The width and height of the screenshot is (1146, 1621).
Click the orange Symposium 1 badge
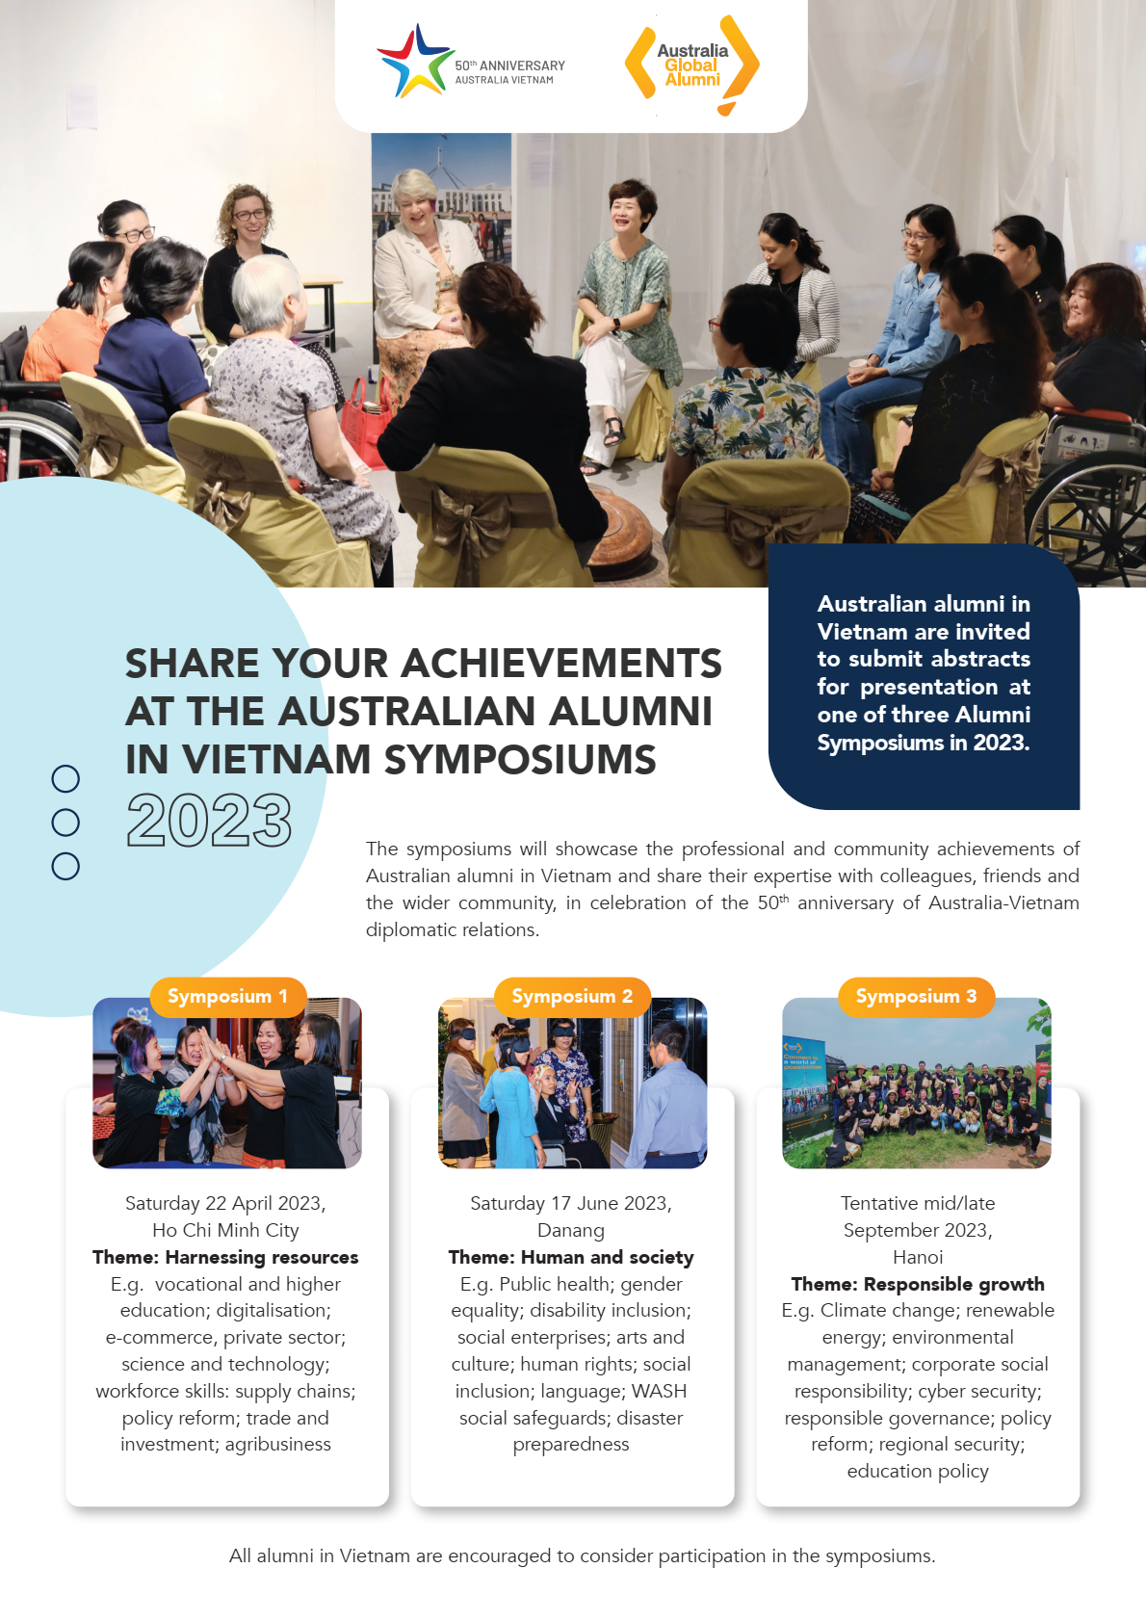(228, 997)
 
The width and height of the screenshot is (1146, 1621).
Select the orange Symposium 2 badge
(572, 997)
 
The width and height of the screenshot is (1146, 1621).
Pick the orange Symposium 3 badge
(916, 997)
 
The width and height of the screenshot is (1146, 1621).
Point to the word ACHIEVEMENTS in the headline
(561, 663)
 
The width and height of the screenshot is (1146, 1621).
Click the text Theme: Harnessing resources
(225, 1257)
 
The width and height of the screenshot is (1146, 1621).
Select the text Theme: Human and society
(571, 1257)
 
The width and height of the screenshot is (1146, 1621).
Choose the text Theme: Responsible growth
(918, 1284)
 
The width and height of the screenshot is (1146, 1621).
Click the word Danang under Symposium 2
(571, 1230)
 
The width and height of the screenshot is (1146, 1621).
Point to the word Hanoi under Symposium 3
(918, 1257)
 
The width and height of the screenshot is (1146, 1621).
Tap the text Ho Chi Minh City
(225, 1230)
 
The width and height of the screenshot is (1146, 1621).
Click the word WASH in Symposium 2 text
(659, 1391)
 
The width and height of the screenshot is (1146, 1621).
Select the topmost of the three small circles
(65, 778)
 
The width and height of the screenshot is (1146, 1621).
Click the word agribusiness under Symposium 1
(277, 1445)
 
